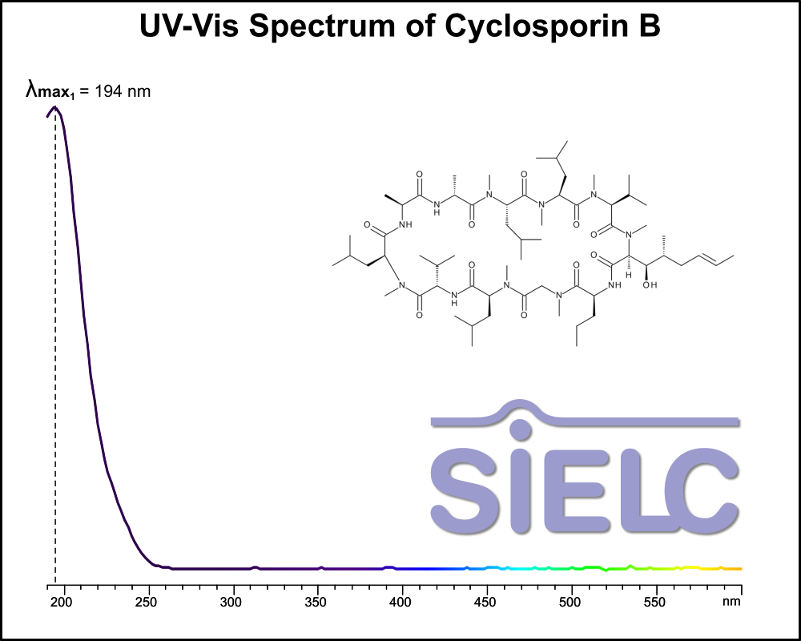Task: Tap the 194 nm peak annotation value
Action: (123, 91)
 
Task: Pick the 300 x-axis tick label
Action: (232, 602)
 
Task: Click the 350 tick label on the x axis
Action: (316, 602)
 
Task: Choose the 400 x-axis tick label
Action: (401, 602)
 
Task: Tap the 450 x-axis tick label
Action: (486, 602)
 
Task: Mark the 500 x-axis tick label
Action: (571, 602)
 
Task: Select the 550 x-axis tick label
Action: (656, 602)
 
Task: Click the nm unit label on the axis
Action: (731, 602)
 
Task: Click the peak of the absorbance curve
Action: (54, 107)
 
